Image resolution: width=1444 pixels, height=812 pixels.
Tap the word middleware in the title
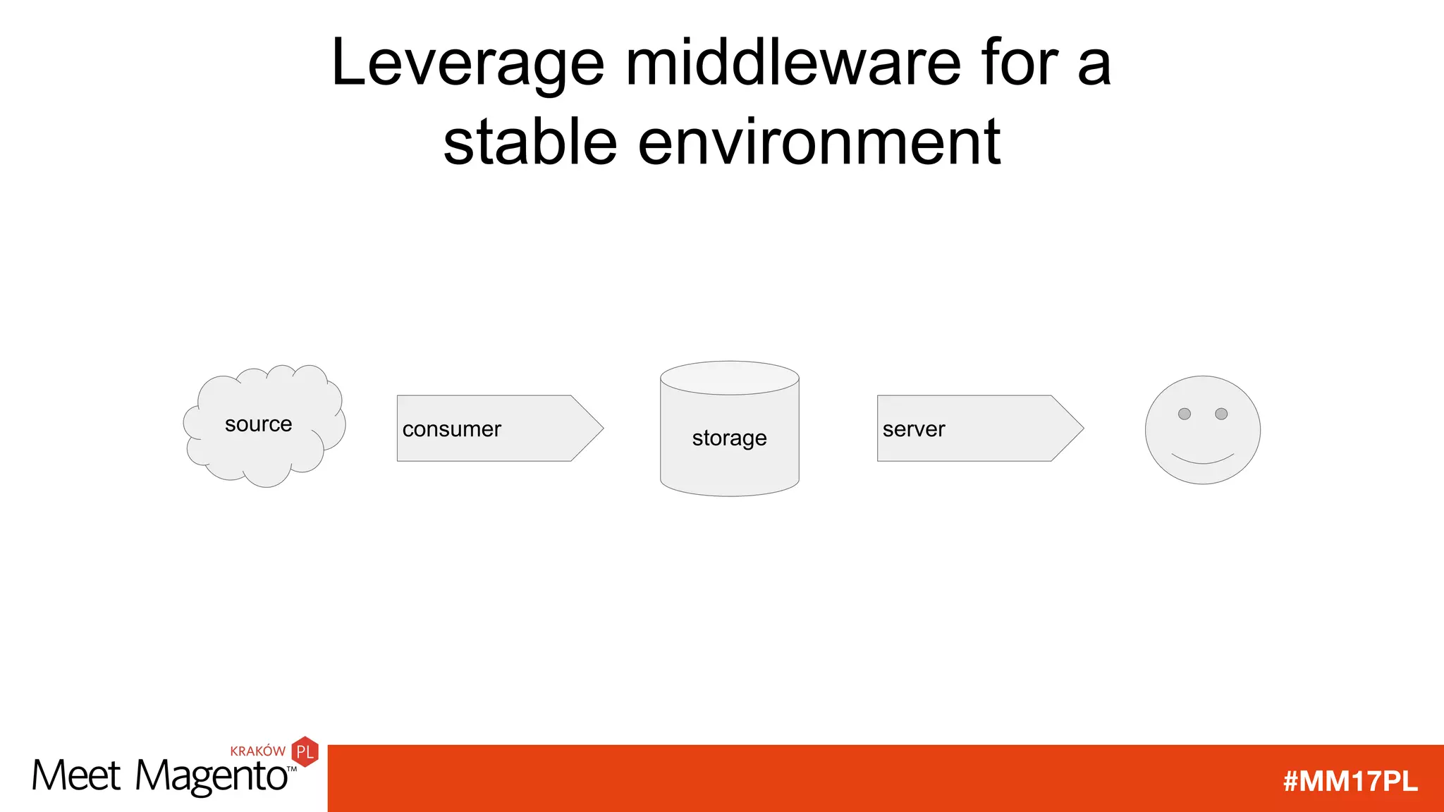click(793, 63)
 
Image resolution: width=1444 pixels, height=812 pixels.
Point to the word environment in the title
click(819, 142)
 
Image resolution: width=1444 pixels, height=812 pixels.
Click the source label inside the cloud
click(258, 424)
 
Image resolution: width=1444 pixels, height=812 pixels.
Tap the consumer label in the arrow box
click(451, 429)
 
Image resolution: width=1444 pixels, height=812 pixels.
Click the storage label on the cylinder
click(729, 438)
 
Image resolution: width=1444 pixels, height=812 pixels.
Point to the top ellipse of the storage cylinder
click(729, 379)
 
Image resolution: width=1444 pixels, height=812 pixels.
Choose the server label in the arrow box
click(913, 429)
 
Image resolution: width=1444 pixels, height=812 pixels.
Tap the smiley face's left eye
click(1185, 414)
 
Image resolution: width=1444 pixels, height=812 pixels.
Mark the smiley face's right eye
click(1221, 414)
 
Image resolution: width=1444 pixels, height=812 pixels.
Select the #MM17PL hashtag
click(1350, 781)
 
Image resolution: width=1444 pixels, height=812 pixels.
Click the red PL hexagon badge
click(305, 752)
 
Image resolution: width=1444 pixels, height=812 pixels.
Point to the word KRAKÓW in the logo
click(257, 751)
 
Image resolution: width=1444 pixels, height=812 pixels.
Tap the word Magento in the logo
click(212, 777)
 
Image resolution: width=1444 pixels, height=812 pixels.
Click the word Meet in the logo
click(76, 777)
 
